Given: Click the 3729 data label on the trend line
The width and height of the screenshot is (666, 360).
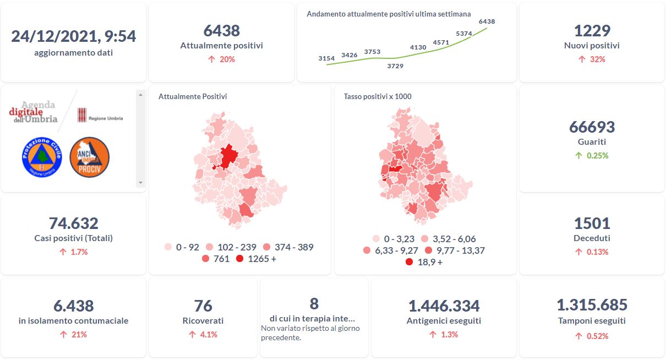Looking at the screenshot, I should click(x=395, y=66).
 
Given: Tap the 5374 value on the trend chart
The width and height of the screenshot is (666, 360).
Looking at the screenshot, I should click(x=464, y=34).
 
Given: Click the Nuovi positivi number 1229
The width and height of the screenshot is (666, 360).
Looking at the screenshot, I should click(x=592, y=31).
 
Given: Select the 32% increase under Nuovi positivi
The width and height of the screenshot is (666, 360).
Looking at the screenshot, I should click(x=592, y=59).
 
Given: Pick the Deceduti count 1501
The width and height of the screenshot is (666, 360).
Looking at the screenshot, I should click(x=592, y=223).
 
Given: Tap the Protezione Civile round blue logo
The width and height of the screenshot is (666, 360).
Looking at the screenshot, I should click(x=41, y=157).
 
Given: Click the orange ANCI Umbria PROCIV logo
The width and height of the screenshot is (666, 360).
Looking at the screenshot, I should click(x=90, y=157).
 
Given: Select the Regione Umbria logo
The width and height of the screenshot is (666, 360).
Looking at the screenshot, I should click(x=100, y=116).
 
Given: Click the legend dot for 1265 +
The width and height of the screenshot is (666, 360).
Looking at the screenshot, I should click(x=240, y=259).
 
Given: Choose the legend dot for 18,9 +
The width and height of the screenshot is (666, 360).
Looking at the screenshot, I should click(x=409, y=262).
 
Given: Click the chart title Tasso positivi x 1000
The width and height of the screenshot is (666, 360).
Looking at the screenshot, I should click(x=378, y=96).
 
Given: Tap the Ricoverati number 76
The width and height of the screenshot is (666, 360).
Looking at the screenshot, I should click(x=203, y=306).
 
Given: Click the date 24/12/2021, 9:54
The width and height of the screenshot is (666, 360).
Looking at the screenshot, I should click(x=73, y=36).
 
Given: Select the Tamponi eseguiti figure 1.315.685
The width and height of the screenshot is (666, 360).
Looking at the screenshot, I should click(x=592, y=305).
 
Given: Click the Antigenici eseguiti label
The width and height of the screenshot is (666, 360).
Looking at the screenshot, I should click(x=444, y=321).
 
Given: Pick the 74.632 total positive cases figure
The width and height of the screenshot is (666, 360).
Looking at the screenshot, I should click(x=73, y=223).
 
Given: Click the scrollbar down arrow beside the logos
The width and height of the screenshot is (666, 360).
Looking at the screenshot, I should click(x=140, y=183).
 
